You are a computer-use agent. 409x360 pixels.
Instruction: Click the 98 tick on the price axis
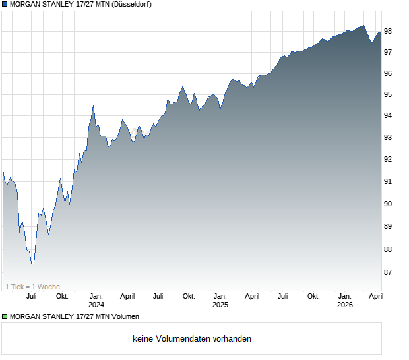[x=388, y=31]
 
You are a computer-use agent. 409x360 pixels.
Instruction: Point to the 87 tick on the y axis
[x=388, y=272]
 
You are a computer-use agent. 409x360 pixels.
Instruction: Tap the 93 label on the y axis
[x=388, y=138]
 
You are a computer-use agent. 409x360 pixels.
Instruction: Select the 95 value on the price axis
[x=388, y=95]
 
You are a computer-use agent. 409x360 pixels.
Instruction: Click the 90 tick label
[x=388, y=204]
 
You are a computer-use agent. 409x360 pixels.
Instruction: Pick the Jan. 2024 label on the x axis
[x=96, y=301]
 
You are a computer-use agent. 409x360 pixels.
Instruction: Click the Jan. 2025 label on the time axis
[x=220, y=301]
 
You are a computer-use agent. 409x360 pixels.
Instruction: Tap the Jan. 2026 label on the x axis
[x=345, y=301]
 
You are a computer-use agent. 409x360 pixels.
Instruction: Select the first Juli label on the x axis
[x=32, y=297]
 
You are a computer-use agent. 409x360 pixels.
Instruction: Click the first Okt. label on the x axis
[x=63, y=297]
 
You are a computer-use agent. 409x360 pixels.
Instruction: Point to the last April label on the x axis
[x=375, y=297]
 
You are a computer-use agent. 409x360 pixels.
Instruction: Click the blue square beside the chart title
[x=5, y=5]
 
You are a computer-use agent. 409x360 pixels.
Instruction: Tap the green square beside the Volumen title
[x=5, y=317]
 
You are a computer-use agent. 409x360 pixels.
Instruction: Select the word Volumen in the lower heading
[x=124, y=317]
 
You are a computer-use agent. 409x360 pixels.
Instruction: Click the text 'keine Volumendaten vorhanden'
[x=192, y=339]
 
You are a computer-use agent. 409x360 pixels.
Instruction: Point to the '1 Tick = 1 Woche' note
[x=33, y=287]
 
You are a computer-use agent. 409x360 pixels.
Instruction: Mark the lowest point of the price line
[x=32, y=264]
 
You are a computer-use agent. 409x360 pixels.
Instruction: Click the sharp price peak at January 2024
[x=93, y=105]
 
